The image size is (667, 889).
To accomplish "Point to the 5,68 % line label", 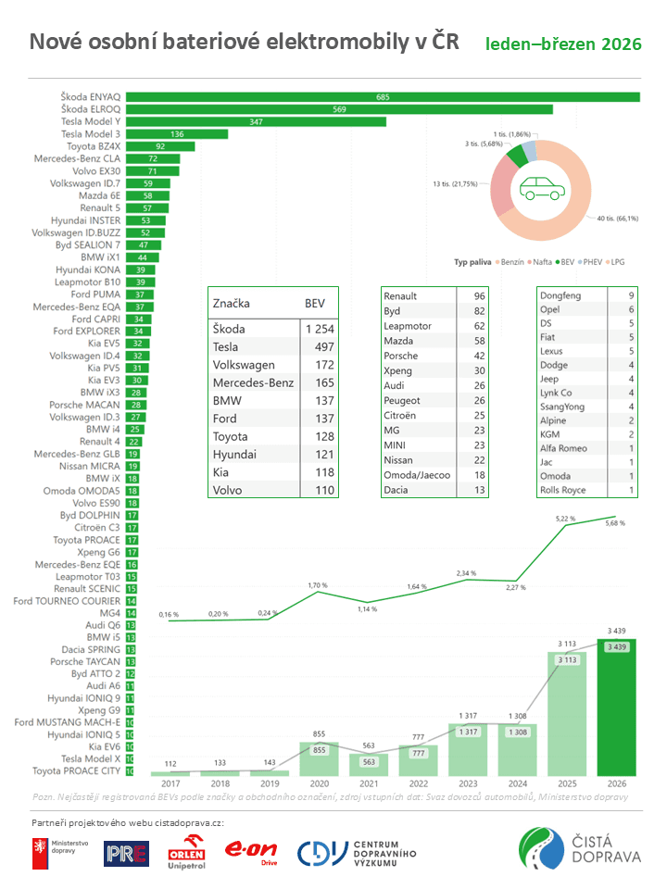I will coord(615,523).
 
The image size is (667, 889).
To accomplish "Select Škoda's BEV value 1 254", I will coord(319,329).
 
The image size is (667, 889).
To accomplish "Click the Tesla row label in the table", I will coord(228,346).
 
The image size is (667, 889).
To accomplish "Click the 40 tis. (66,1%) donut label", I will coord(618,219).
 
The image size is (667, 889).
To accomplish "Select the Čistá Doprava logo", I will coord(580,850).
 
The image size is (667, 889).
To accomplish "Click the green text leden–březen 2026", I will coord(563,44).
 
